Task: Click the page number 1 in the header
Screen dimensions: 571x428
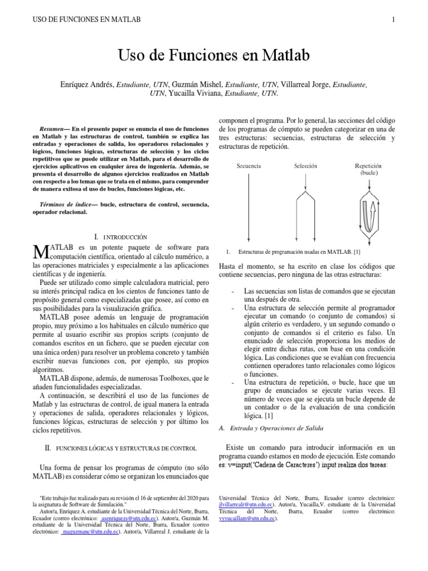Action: click(393, 21)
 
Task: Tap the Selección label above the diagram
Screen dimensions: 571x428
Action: click(305, 166)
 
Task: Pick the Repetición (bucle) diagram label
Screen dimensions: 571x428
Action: click(368, 169)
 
